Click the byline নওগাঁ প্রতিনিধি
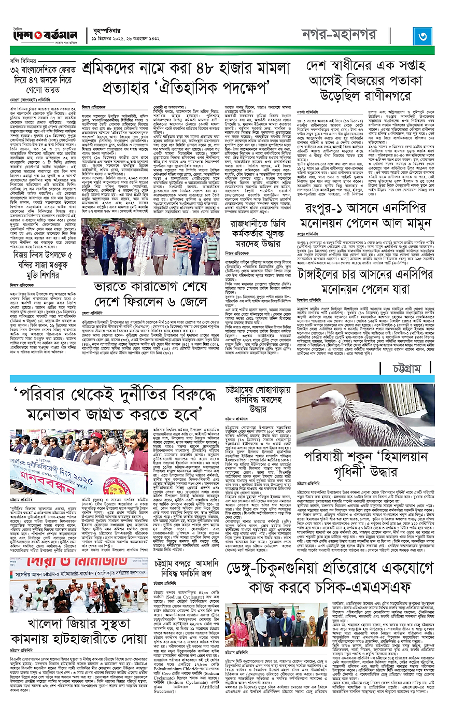tap(307, 111)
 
